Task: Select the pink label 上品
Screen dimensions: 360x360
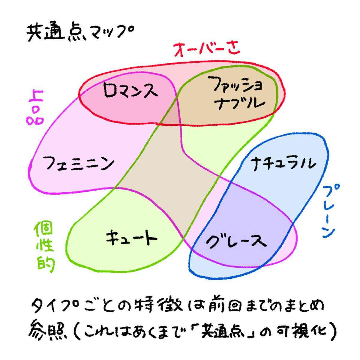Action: click(35, 107)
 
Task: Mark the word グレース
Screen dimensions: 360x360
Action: click(236, 241)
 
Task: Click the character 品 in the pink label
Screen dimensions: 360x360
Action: click(35, 117)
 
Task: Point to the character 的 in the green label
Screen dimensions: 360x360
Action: click(46, 263)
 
